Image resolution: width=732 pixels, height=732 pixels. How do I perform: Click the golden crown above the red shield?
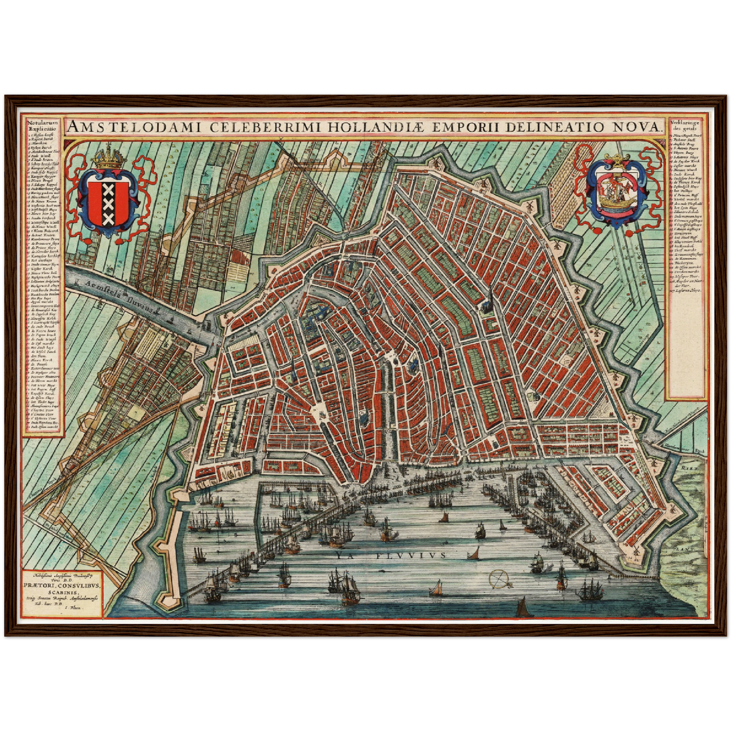coord(109,159)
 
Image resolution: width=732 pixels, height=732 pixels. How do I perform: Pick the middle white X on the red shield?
coord(108,203)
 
